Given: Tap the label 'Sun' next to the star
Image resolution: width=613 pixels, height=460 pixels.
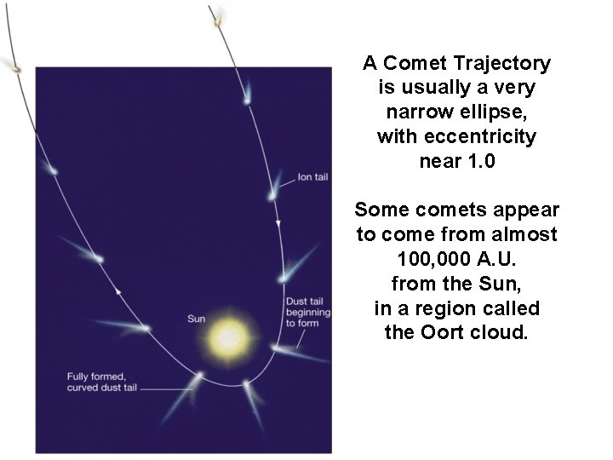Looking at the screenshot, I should click(x=196, y=319).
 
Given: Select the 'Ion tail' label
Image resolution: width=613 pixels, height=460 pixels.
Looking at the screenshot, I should click(x=312, y=178).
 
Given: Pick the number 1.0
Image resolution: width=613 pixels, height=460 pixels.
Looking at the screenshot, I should click(x=476, y=160).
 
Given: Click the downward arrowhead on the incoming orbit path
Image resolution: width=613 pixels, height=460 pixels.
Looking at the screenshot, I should click(x=279, y=223).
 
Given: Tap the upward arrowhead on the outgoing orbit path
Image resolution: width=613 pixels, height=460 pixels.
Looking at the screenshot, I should click(x=119, y=292).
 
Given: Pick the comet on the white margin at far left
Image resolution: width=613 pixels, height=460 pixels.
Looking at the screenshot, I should click(x=15, y=67).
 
